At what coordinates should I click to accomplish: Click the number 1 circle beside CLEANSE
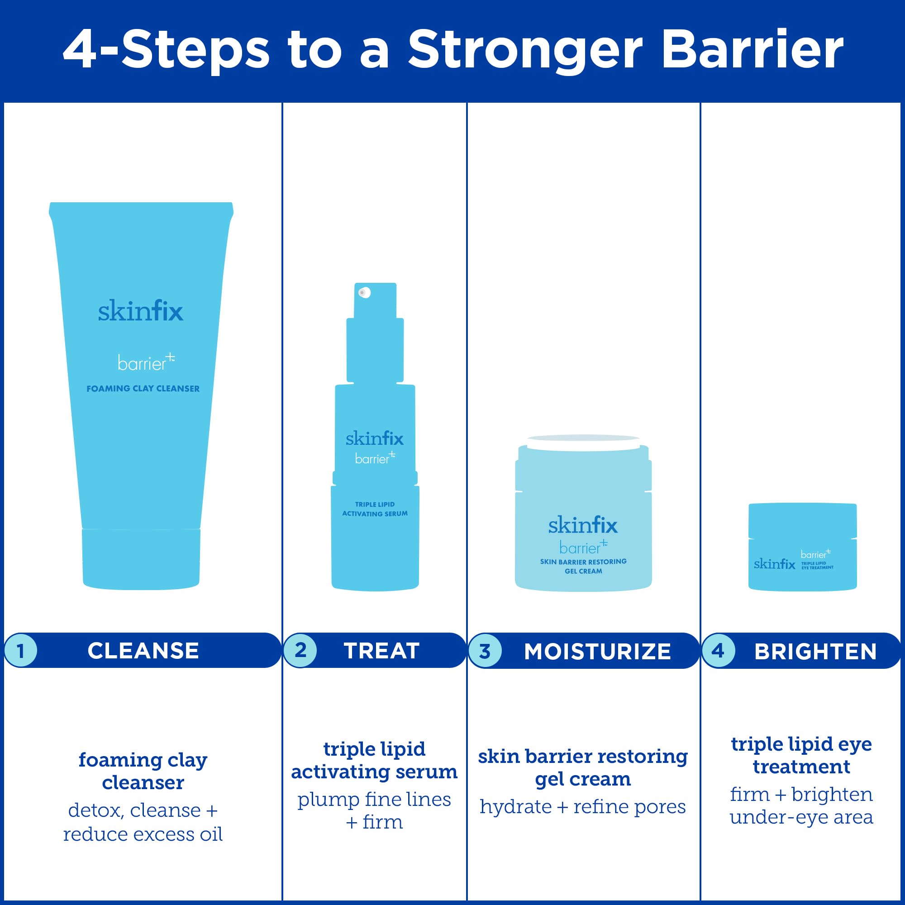tap(20, 650)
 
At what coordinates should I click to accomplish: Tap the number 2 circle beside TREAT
tap(300, 650)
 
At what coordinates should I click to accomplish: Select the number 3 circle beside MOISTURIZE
tap(485, 651)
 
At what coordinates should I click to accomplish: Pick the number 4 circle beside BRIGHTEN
tap(718, 651)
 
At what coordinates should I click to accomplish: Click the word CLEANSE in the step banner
tap(143, 651)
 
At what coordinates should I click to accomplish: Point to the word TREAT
tap(381, 651)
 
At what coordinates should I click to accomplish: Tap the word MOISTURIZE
tap(597, 651)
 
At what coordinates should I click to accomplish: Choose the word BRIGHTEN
tap(815, 651)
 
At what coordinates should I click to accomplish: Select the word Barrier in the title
tap(753, 50)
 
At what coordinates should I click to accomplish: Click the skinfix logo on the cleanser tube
tap(141, 311)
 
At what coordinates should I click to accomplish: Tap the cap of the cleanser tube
tap(141, 558)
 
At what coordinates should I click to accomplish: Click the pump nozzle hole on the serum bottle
tap(364, 293)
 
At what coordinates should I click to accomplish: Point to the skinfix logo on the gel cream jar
tap(583, 525)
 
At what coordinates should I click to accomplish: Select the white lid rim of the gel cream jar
tap(583, 442)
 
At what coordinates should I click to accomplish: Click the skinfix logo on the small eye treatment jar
tap(774, 563)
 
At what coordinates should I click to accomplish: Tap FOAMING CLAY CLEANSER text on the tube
tap(143, 389)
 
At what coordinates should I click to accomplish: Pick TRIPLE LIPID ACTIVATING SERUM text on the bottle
tap(375, 509)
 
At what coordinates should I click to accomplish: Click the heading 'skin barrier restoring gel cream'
tap(583, 768)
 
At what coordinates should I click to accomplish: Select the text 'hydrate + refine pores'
tap(583, 807)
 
